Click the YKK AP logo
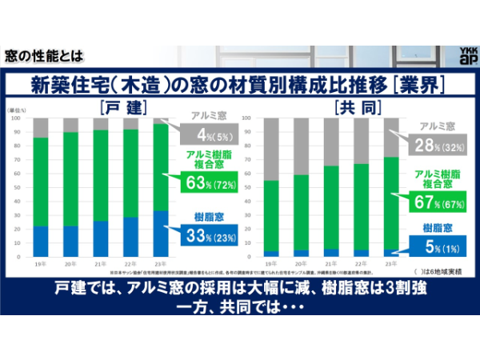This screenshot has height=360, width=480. click(x=466, y=56)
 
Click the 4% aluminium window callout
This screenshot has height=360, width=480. click(x=206, y=134)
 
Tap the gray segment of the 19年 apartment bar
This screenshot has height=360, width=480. click(x=272, y=149)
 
